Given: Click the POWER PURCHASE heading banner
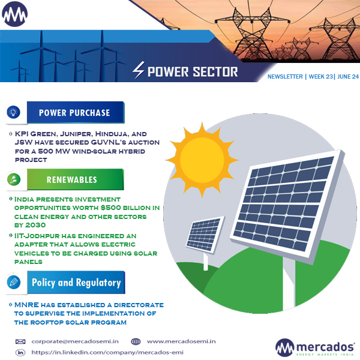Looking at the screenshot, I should pos(74,112).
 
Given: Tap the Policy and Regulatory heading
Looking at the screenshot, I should pos(76,282).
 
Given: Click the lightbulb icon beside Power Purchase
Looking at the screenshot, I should pos(14,112).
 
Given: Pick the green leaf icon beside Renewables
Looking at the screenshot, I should pos(14,179).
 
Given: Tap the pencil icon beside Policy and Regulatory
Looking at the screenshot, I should pos(14,282).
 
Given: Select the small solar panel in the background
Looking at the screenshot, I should pos(205,236).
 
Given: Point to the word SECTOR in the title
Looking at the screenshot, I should pos(215,72).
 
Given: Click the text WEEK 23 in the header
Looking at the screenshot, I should pos(321,77).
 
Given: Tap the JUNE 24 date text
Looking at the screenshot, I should pos(347,77).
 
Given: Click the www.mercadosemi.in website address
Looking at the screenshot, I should pos(181,341).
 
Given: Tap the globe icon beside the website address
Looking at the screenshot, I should pos(136,341).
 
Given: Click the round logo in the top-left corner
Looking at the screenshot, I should pos(15,14).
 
